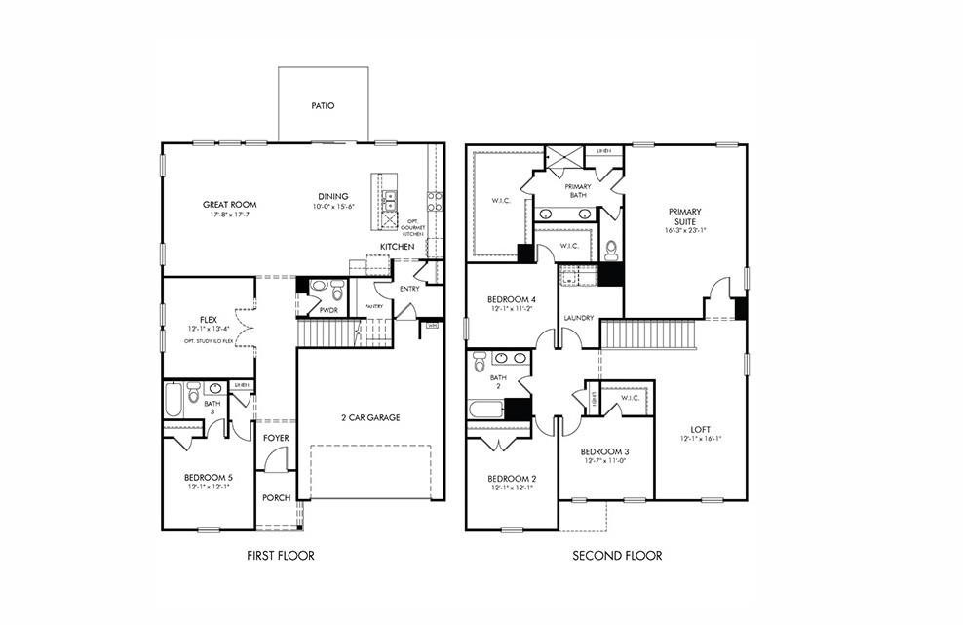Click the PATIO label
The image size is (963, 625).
pyautogui.click(x=323, y=105)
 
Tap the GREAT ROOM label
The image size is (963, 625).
pyautogui.click(x=229, y=205)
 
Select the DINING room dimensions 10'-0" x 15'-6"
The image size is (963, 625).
pyautogui.click(x=334, y=207)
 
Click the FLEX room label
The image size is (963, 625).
pyautogui.click(x=208, y=319)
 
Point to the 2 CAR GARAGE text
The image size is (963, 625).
pyautogui.click(x=369, y=417)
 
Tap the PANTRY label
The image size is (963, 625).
pyautogui.click(x=374, y=306)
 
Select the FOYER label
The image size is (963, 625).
pyautogui.click(x=276, y=438)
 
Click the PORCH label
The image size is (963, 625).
pyautogui.click(x=276, y=497)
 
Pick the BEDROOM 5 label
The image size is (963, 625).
pyautogui.click(x=208, y=477)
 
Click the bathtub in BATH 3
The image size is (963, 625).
pyautogui.click(x=173, y=400)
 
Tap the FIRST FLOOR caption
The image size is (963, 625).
pyautogui.click(x=281, y=556)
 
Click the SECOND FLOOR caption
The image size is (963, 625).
pyautogui.click(x=617, y=556)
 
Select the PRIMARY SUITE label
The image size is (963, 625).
pyautogui.click(x=685, y=216)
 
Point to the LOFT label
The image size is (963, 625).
pyautogui.click(x=700, y=428)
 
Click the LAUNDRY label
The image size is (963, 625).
pyautogui.click(x=578, y=318)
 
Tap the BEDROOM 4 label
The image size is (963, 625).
pyautogui.click(x=512, y=299)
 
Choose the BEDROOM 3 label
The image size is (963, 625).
pyautogui.click(x=604, y=451)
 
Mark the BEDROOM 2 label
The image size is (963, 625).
pyautogui.click(x=512, y=478)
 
